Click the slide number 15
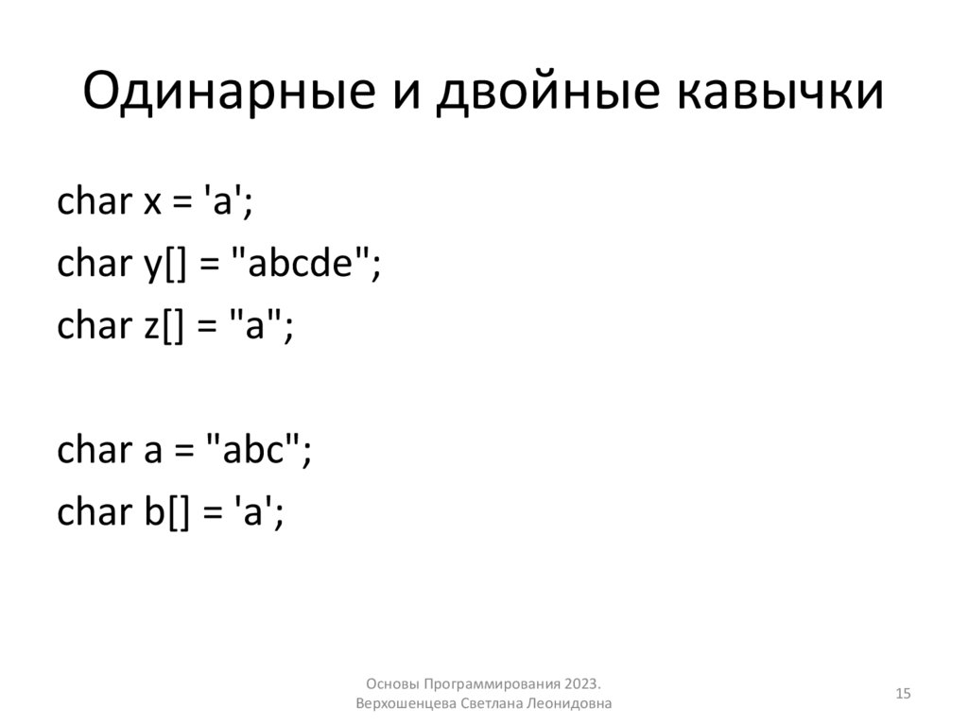[x=902, y=695]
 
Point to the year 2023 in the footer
[x=583, y=684]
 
